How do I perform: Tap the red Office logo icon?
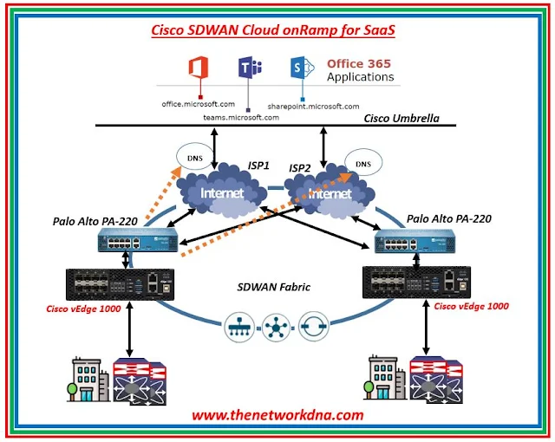(x=201, y=68)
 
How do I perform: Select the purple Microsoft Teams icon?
(x=247, y=69)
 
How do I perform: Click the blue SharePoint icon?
(x=300, y=69)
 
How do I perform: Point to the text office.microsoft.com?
(x=199, y=104)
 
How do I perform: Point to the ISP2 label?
(x=301, y=167)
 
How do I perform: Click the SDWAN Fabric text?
(x=275, y=287)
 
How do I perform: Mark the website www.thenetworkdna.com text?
(x=277, y=415)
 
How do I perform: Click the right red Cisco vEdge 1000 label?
(x=471, y=305)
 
